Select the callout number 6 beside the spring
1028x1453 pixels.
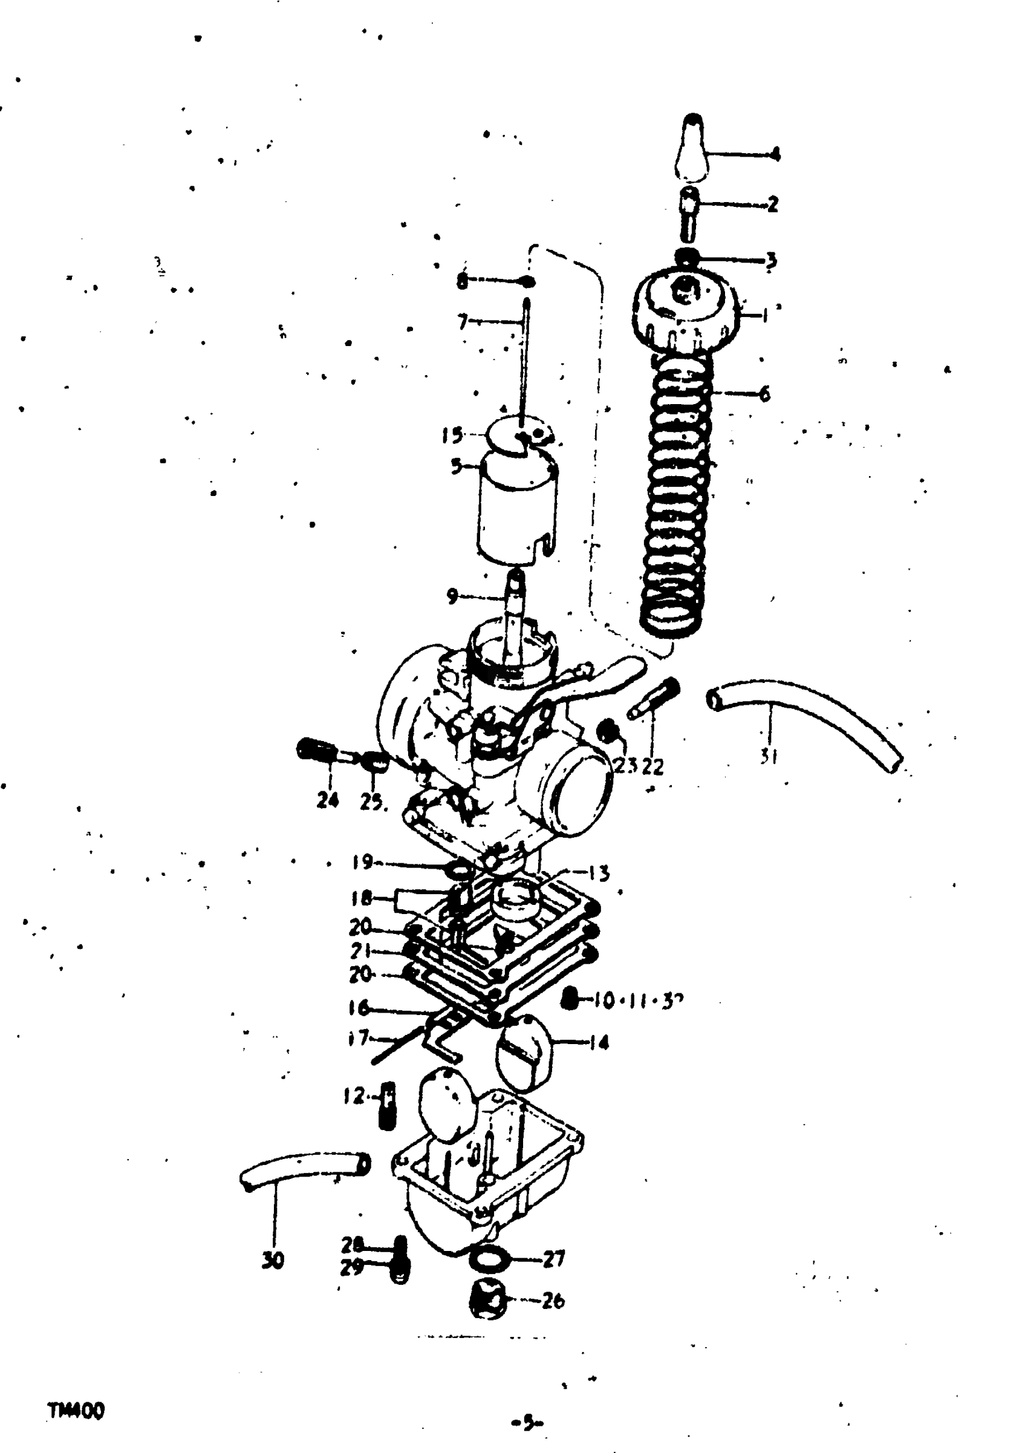pos(765,394)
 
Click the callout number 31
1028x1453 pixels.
pos(769,756)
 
